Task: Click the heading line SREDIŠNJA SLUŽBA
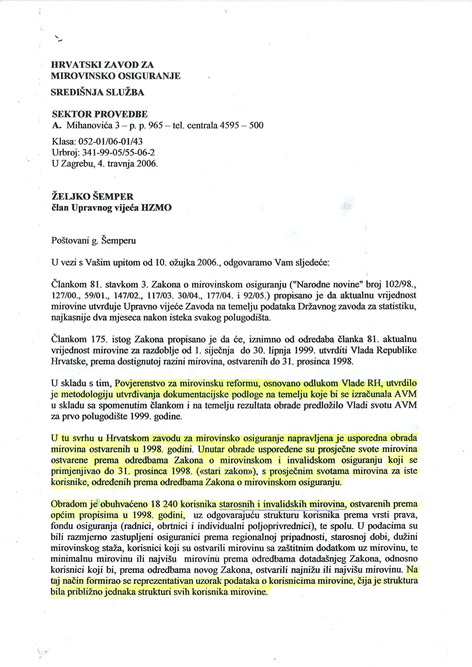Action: tap(97, 92)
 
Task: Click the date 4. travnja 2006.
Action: tap(133, 164)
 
